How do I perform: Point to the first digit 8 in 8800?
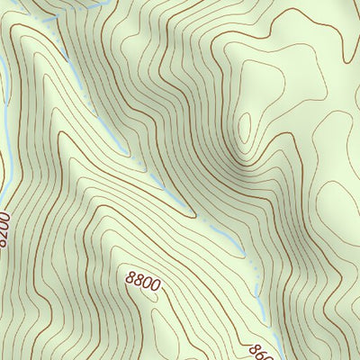(x=130, y=281)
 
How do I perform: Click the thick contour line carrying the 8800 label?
(x=108, y=274)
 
